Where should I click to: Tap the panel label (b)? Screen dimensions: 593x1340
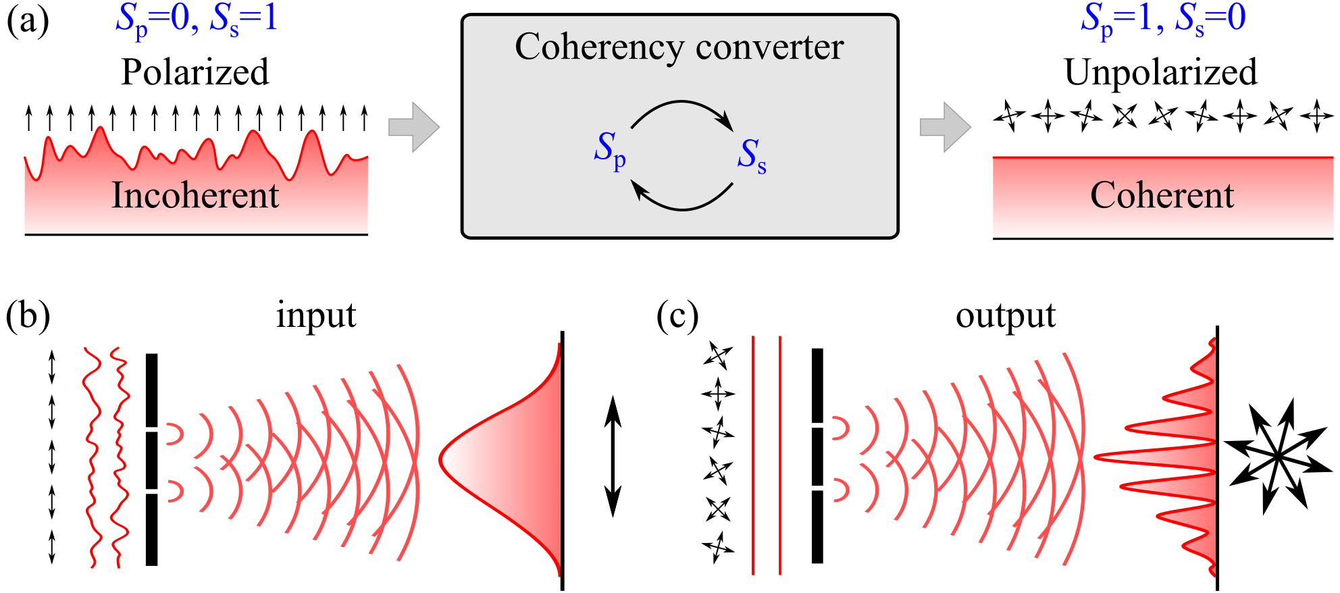pyautogui.click(x=27, y=315)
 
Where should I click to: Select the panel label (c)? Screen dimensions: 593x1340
pyautogui.click(x=677, y=315)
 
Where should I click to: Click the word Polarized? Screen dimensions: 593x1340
pyautogui.click(x=195, y=72)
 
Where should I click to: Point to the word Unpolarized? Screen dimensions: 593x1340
pyautogui.click(x=1160, y=72)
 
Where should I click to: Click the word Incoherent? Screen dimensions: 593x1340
pyautogui.click(x=195, y=195)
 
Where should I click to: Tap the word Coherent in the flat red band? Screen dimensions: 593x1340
pyautogui.click(x=1162, y=195)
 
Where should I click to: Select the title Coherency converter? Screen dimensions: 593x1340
pyautogui.click(x=679, y=47)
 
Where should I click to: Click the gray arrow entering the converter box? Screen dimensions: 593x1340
pyautogui.click(x=413, y=127)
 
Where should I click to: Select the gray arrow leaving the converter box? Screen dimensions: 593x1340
pyautogui.click(x=945, y=127)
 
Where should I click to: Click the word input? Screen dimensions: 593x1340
pyautogui.click(x=315, y=315)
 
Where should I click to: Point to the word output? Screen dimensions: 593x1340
pyautogui.click(x=1005, y=315)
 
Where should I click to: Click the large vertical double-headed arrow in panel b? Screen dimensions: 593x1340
pyautogui.click(x=612, y=457)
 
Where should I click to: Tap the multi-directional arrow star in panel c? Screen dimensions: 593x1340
pyautogui.click(x=1277, y=457)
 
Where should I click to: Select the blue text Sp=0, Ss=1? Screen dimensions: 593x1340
pyautogui.click(x=196, y=19)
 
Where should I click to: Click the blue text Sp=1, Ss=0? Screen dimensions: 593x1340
pyautogui.click(x=1162, y=19)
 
